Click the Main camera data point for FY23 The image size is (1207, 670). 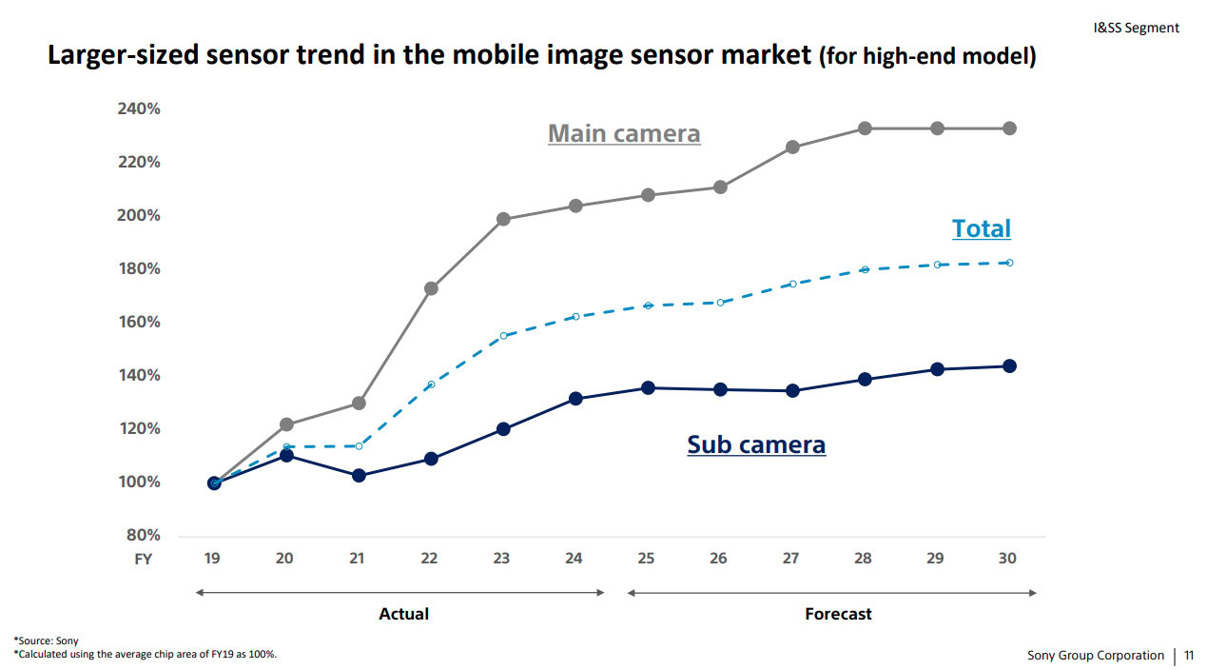click(x=503, y=219)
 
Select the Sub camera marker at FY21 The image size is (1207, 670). click(x=359, y=475)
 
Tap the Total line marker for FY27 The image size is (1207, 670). click(x=792, y=284)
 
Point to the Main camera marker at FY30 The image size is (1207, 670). click(x=1009, y=128)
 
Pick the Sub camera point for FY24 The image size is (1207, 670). click(x=575, y=399)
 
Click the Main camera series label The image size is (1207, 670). click(x=624, y=134)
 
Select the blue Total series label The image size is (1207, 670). click(x=981, y=228)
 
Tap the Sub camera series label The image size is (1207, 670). click(x=756, y=444)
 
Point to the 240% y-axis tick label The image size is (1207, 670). click(x=139, y=108)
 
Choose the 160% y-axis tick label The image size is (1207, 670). click(x=139, y=322)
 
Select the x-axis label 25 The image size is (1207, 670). click(x=646, y=559)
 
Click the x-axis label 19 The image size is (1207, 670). click(x=212, y=559)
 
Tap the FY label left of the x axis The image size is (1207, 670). click(x=142, y=560)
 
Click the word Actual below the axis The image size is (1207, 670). click(x=403, y=614)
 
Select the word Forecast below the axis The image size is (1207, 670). click(x=838, y=614)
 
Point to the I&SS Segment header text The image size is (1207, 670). click(x=1136, y=28)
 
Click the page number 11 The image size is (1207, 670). click(x=1189, y=655)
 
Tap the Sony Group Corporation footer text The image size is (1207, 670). click(x=1095, y=655)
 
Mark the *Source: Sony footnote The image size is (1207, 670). click(x=46, y=640)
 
